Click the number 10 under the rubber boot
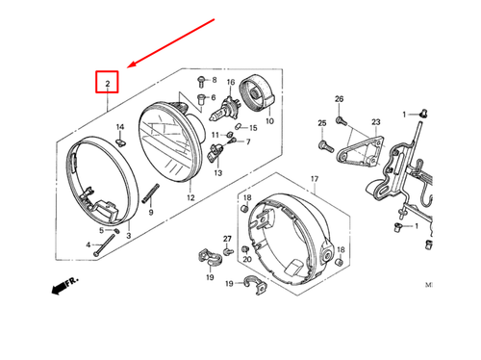[x=269, y=122]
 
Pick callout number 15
[x=253, y=127]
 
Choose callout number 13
[x=217, y=173]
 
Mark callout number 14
[x=120, y=127]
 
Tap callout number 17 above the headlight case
[x=313, y=180]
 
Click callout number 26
[x=339, y=100]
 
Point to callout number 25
[x=322, y=123]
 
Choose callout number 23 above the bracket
[x=375, y=122]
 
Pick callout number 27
[x=228, y=238]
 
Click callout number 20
[x=246, y=260]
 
